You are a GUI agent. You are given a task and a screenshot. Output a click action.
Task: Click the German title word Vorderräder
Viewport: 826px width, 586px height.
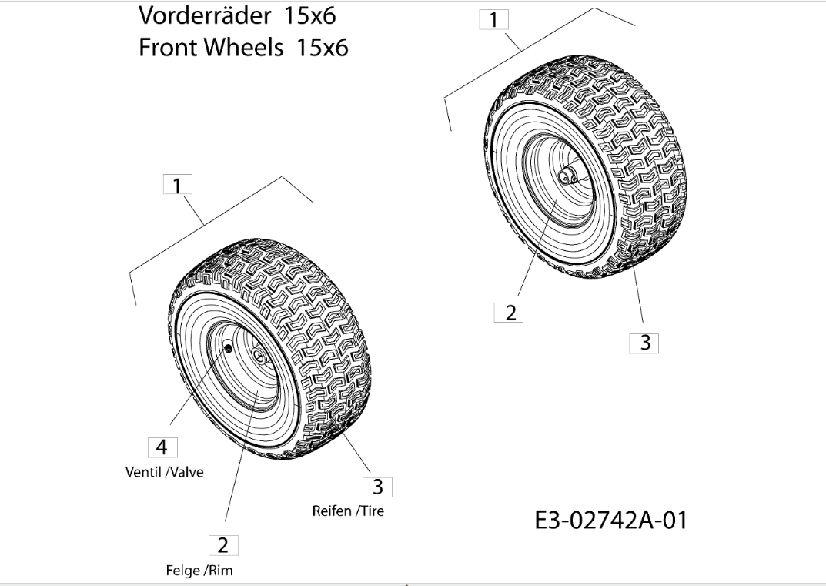click(203, 15)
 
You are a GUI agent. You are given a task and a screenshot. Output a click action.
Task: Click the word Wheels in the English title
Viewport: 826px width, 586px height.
click(240, 48)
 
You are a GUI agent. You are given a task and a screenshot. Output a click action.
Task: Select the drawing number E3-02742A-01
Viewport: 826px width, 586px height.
click(610, 521)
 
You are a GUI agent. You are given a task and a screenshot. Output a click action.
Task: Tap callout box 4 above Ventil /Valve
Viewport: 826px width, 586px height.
click(162, 447)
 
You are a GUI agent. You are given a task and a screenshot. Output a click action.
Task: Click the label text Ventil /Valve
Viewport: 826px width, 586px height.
click(165, 472)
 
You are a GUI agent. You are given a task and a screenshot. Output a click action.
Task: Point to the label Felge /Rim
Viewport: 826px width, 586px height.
click(199, 571)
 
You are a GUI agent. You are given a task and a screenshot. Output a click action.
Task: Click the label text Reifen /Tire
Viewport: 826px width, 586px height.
click(348, 511)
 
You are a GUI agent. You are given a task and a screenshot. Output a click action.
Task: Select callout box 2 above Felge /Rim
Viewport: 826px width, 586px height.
click(223, 546)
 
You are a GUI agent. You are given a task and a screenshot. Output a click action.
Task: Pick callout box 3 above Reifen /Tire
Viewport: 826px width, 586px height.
click(377, 487)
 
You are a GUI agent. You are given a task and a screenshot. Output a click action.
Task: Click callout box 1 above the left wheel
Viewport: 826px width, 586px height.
click(178, 186)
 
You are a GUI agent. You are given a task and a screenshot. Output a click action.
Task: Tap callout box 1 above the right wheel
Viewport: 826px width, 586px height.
click(493, 20)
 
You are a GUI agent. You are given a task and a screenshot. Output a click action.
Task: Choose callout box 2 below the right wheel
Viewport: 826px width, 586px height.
click(510, 313)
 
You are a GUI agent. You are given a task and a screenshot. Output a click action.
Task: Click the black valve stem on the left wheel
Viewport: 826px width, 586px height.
click(229, 348)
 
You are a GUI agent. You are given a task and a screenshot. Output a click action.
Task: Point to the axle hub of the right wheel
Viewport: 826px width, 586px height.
click(568, 177)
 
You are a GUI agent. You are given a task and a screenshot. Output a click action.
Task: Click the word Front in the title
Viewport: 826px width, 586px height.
click(166, 48)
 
